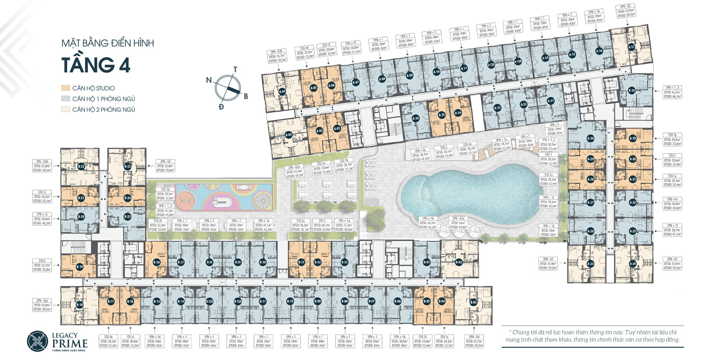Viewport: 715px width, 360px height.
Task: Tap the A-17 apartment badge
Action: tap(631, 47)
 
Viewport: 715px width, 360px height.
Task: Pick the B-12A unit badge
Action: tap(238, 302)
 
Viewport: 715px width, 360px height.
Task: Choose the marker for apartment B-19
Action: tap(80, 267)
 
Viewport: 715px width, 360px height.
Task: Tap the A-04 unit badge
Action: tap(282, 92)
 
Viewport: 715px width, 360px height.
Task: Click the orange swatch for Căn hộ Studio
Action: tap(65, 88)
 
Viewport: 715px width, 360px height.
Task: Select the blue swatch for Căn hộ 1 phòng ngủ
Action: tap(65, 99)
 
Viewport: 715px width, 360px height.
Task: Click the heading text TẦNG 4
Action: tap(96, 65)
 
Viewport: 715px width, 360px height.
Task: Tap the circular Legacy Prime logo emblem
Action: tap(38, 341)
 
